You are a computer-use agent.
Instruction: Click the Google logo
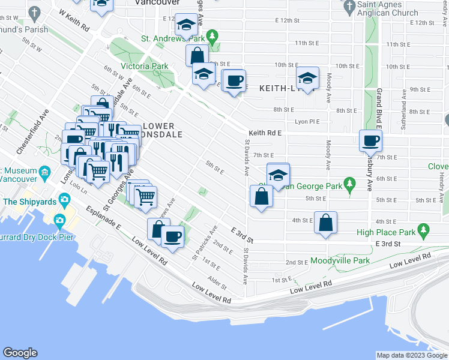[20, 353]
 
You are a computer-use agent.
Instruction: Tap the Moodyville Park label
[340, 261]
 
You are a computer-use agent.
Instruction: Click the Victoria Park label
[144, 65]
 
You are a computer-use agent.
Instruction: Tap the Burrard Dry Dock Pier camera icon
[59, 220]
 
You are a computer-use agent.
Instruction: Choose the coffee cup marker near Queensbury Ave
[370, 142]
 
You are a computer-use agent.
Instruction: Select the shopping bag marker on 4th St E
[325, 223]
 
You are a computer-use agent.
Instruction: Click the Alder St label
[214, 280]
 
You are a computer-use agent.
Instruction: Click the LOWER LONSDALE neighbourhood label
[158, 130]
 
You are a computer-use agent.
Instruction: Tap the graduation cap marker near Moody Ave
[307, 79]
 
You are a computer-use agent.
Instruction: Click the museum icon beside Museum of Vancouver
[45, 173]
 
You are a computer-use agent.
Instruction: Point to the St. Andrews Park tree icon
[211, 37]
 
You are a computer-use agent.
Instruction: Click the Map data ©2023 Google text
[412, 356]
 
